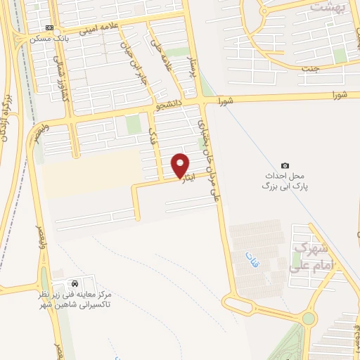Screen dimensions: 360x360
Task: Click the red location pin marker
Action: point(181,165)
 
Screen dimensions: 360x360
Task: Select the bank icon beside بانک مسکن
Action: point(49,27)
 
